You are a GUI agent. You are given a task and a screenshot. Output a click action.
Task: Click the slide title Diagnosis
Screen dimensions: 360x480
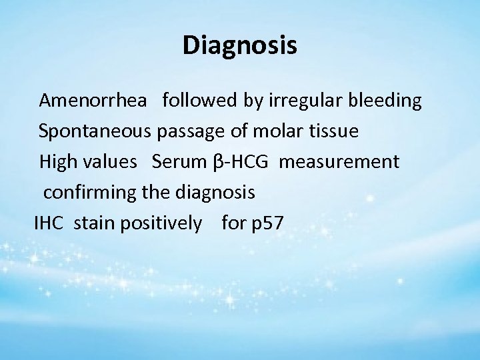pyautogui.click(x=240, y=46)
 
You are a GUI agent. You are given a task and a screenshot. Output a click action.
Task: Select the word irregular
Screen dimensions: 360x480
pyautogui.click(x=298, y=101)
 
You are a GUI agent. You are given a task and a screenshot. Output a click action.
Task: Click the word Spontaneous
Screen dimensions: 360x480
pyautogui.click(x=96, y=131)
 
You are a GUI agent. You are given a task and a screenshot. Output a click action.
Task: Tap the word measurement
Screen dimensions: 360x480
pyautogui.click(x=339, y=162)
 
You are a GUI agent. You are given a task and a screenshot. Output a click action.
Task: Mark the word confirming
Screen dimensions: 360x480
pyautogui.click(x=91, y=193)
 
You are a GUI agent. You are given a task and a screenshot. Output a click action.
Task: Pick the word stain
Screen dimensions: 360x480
pyautogui.click(x=93, y=223)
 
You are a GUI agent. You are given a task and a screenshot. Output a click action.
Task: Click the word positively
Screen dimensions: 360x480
pyautogui.click(x=160, y=223)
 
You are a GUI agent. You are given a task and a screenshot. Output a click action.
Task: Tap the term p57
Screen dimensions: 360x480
pyautogui.click(x=267, y=223)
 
